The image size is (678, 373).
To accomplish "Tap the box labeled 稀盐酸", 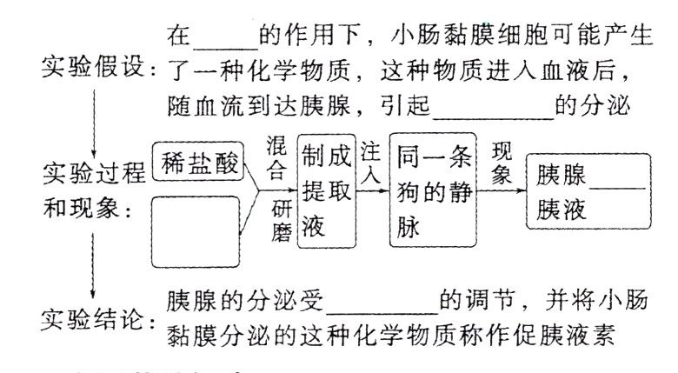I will pos(197,162).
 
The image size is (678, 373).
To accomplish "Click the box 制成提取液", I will pos(328,190).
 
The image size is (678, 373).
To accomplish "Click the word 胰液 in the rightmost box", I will pos(562,210).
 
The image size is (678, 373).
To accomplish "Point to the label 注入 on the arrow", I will pos(371,162).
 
